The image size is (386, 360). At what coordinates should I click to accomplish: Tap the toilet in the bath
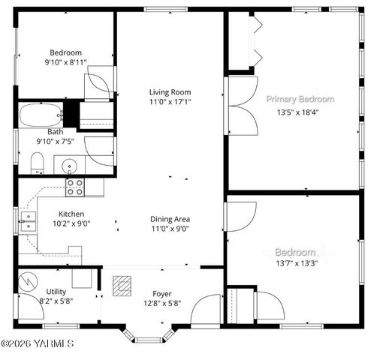click(37, 162)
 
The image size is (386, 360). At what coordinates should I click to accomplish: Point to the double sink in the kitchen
click(28, 219)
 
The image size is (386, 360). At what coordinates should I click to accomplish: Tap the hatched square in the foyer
click(121, 285)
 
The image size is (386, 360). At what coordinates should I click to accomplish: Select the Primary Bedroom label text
click(300, 99)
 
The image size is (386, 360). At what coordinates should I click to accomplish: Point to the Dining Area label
click(170, 219)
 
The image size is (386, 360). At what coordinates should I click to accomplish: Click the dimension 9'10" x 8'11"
click(65, 63)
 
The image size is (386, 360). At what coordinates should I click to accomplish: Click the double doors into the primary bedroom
click(242, 106)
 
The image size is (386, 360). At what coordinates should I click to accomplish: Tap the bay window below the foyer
click(153, 335)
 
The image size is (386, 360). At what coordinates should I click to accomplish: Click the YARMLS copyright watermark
click(38, 344)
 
